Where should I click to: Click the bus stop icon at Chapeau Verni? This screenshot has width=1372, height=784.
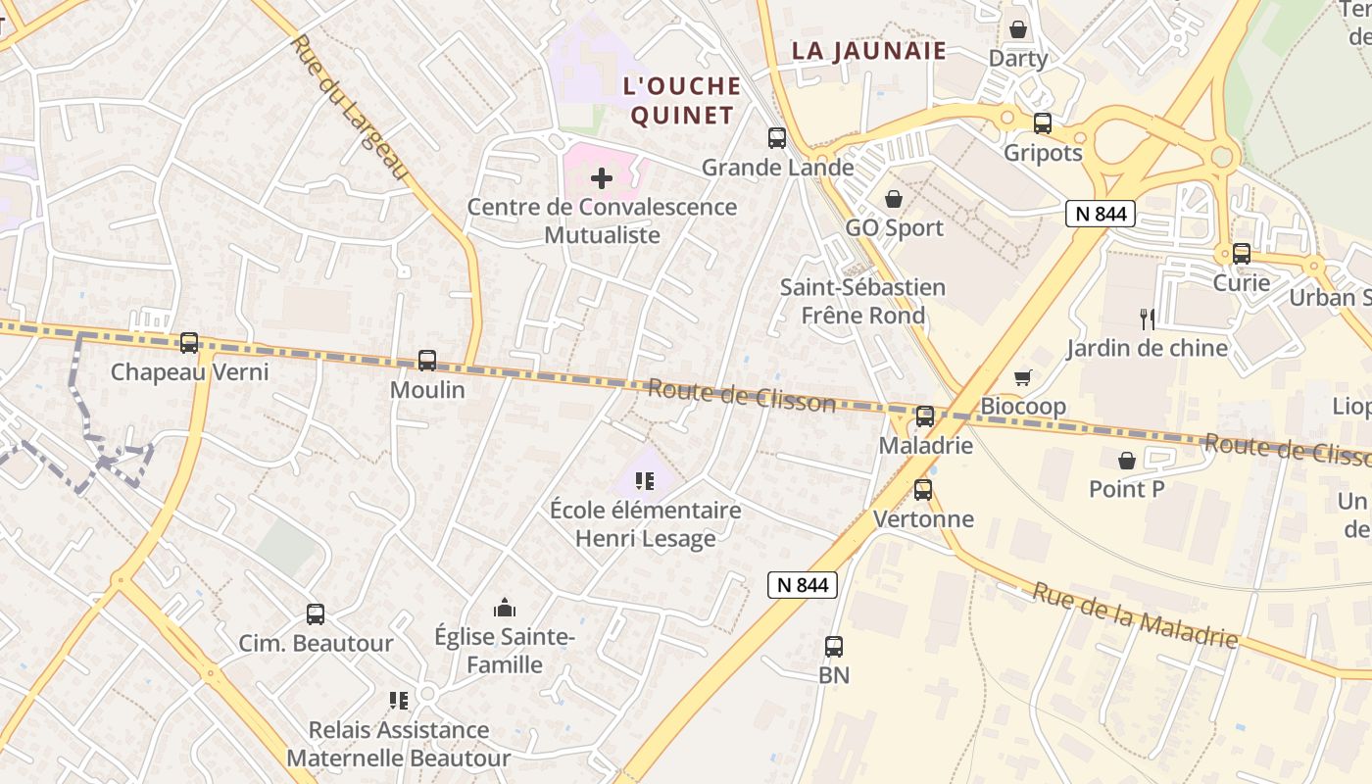pos(189,343)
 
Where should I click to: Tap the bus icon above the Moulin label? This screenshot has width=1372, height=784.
pos(427,361)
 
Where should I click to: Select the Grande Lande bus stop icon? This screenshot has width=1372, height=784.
pos(777,138)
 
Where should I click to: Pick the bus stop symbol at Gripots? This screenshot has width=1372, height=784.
pos(1043,123)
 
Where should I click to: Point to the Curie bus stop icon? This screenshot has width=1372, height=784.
pos(1242,254)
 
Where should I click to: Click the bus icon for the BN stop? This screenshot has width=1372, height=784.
pos(834,647)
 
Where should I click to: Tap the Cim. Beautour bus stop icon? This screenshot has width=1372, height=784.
pos(316,614)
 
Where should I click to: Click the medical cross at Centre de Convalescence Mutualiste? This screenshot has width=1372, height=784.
pos(602,178)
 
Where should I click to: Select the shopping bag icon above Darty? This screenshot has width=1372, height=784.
pos(1018,29)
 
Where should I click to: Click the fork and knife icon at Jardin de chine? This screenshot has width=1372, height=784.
pos(1147,319)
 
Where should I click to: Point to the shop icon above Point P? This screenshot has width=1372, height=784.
pos(1127,460)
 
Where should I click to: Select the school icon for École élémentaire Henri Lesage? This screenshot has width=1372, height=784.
pos(645,481)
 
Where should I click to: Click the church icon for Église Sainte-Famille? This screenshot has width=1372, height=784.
pos(505,609)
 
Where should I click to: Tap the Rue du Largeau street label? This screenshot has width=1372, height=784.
pos(349,108)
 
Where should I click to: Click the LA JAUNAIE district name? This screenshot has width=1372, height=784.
pos(869,51)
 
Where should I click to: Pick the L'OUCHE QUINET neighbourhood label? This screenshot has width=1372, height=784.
pos(682,100)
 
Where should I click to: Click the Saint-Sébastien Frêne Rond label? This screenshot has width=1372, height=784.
pos(863,301)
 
